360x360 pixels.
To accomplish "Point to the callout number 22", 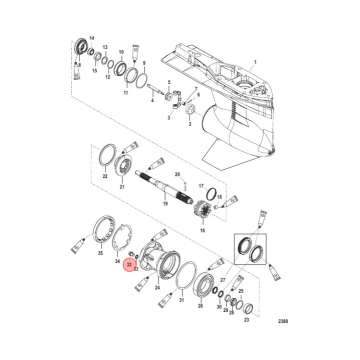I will (x=104, y=176).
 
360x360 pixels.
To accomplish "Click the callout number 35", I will (x=100, y=253).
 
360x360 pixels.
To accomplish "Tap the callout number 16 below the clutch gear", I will (x=202, y=230).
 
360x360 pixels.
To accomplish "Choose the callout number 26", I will (x=200, y=306).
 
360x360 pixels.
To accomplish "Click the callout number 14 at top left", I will (x=91, y=38).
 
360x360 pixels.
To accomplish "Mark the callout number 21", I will (x=121, y=186).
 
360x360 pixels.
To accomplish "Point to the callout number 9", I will (x=144, y=63).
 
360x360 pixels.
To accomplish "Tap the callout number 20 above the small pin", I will (x=176, y=174).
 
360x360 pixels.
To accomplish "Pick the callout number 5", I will (x=168, y=82).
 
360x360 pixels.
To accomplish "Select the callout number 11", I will (x=125, y=93).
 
